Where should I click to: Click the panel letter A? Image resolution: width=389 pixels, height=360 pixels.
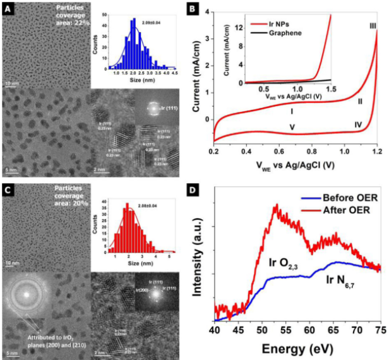tap(8, 9)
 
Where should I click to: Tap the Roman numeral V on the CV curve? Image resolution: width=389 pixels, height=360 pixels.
tap(292, 127)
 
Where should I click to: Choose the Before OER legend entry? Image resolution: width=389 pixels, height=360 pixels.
tap(335, 199)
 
